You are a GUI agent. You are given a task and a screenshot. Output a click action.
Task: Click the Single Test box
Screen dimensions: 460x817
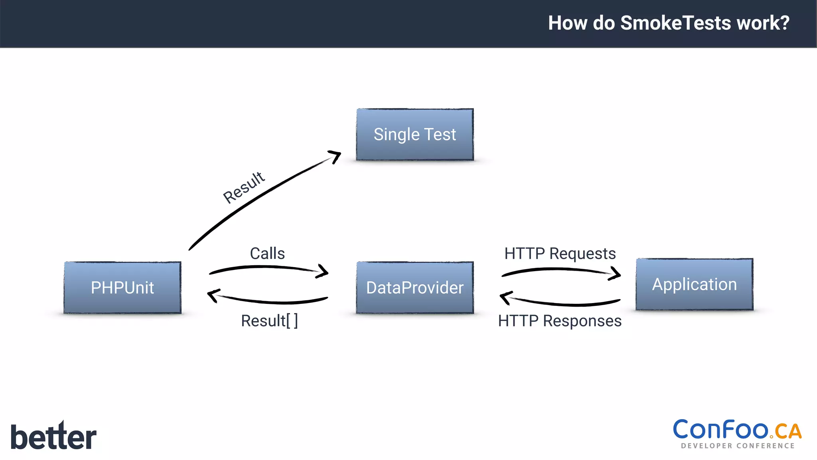pyautogui.click(x=415, y=135)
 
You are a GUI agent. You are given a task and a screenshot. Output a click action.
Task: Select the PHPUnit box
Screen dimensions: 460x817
pyautogui.click(x=122, y=287)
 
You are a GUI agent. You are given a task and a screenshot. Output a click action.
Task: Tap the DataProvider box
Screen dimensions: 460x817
pyautogui.click(x=415, y=287)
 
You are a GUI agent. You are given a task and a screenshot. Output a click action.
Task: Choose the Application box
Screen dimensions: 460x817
pyautogui.click(x=694, y=284)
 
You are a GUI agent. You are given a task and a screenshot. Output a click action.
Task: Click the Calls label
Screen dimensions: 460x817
pyautogui.click(x=267, y=254)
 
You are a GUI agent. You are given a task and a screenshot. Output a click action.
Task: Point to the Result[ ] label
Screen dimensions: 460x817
pyautogui.click(x=269, y=321)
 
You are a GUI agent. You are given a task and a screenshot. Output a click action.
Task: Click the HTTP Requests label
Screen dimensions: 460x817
pyautogui.click(x=560, y=254)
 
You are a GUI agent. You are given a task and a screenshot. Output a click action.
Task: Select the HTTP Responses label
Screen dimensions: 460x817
pyautogui.click(x=560, y=321)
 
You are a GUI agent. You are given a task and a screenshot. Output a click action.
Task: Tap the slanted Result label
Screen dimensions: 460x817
pyautogui.click(x=244, y=187)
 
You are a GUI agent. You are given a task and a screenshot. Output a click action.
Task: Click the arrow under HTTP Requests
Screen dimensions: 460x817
pyautogui.click(x=560, y=271)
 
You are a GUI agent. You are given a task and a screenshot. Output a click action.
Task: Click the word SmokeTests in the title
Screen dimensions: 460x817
pyautogui.click(x=676, y=23)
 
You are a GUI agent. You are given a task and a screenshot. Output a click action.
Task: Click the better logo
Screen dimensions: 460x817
pyautogui.click(x=53, y=436)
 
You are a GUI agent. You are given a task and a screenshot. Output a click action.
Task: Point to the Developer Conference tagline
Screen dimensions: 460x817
pyautogui.click(x=738, y=446)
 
